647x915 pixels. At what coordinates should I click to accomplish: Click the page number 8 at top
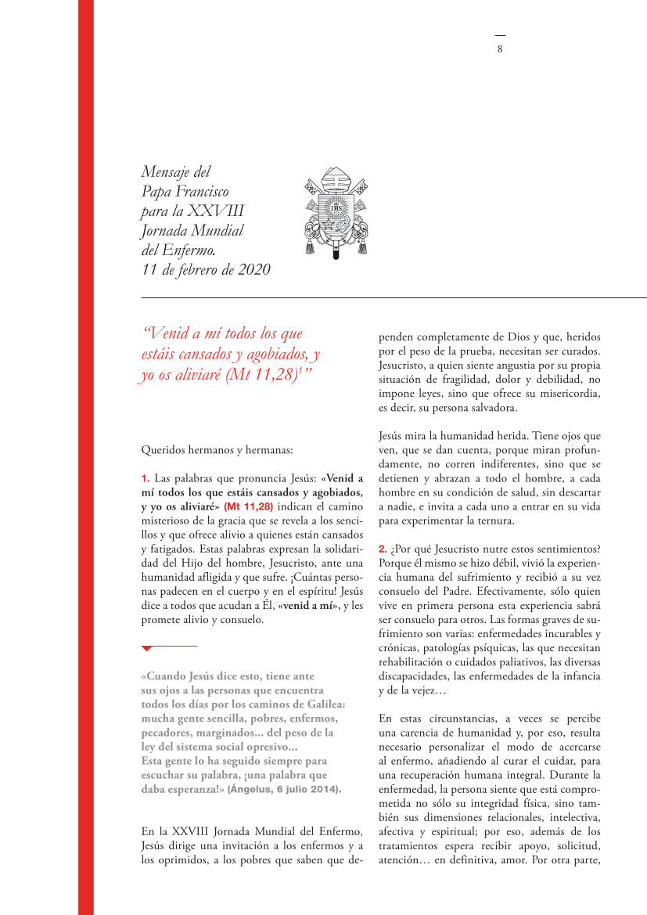coord(500,49)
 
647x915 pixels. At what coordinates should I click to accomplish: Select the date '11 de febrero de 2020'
coord(206,270)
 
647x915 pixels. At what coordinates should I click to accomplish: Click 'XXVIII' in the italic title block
coord(227,211)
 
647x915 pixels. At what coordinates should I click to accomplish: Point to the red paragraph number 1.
coord(146,478)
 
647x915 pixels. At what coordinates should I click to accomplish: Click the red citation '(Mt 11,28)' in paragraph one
coord(248,506)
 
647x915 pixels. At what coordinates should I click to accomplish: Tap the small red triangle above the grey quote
coord(146,649)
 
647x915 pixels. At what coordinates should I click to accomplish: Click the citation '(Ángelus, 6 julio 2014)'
coord(285,790)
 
